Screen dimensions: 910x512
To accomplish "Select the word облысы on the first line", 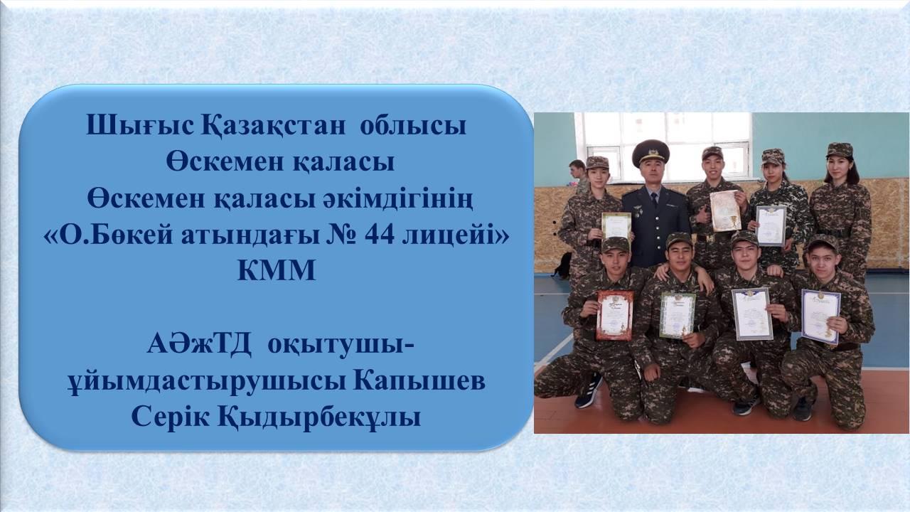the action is point(413,126).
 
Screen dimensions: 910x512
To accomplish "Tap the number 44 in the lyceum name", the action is point(380,235).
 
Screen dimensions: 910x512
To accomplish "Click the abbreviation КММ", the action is point(277,271).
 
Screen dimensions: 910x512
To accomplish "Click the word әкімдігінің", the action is point(397,200).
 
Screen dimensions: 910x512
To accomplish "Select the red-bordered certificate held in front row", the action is point(615,315).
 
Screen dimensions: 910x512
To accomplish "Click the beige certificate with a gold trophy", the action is point(726,211).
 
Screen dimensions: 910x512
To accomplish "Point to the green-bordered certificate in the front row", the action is point(678,315).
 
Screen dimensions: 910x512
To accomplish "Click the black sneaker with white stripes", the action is point(589,391).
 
